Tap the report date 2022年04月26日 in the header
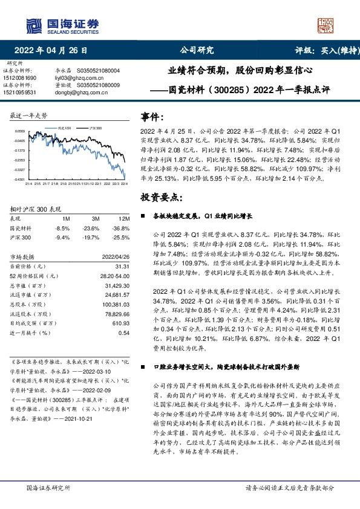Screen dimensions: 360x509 coord(54,50)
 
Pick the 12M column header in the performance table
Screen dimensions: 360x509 coord(125,218)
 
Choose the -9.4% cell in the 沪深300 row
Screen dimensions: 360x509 coord(62,238)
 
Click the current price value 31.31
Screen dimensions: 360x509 coord(123,266)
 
